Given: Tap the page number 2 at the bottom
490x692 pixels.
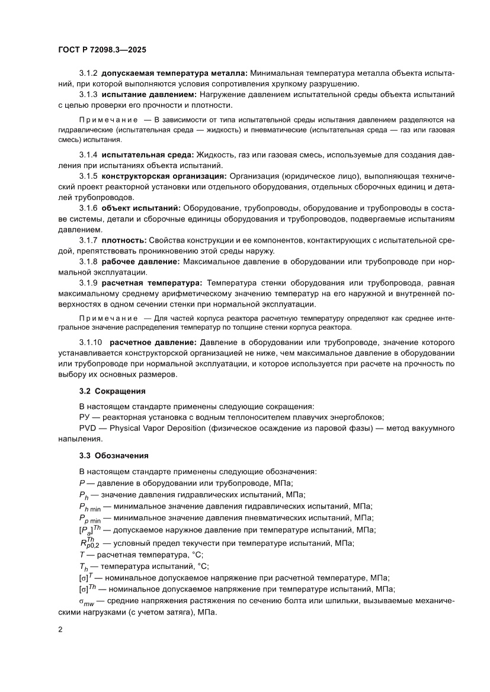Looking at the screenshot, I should (60, 629).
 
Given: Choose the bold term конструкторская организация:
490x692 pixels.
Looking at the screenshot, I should (164, 176).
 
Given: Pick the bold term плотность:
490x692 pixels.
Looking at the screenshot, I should (124, 240).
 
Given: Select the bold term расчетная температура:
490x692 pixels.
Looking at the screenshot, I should (152, 282).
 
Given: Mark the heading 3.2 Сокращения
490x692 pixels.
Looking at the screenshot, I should (112, 391).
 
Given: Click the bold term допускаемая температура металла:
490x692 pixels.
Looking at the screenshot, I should (174, 73).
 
